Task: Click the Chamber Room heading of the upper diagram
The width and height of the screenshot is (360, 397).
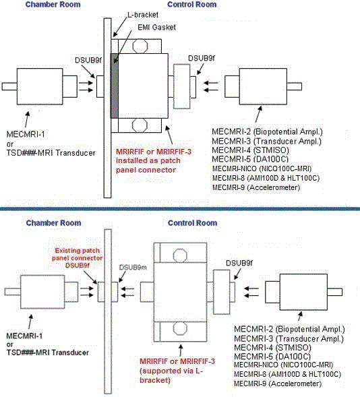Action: [x=53, y=5]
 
